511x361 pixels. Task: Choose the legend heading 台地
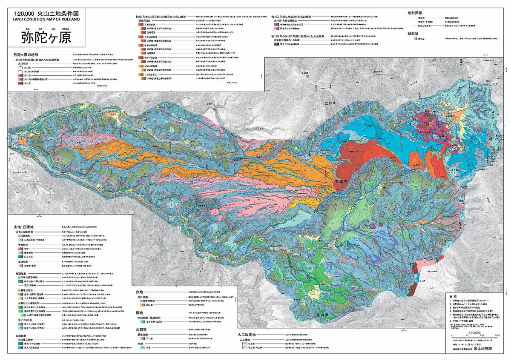[x=138, y=292]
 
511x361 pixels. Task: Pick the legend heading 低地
[x=138, y=313]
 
